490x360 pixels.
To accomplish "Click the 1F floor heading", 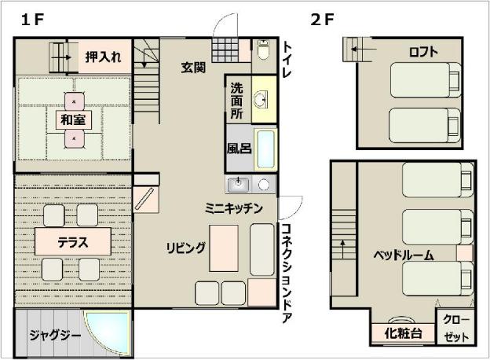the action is pyautogui.click(x=32, y=20).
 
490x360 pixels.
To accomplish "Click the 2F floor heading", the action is pyautogui.click(x=322, y=20).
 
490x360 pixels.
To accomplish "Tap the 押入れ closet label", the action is pyautogui.click(x=103, y=57).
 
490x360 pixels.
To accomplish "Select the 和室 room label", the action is pyautogui.click(x=74, y=119).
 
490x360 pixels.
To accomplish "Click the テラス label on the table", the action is pyautogui.click(x=73, y=242).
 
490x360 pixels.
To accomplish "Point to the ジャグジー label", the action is pyautogui.click(x=55, y=336).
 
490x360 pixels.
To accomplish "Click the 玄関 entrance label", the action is pyautogui.click(x=193, y=68).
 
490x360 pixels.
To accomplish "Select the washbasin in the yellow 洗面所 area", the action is pyautogui.click(x=260, y=100).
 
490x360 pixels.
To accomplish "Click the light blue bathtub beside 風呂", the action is pyautogui.click(x=266, y=149).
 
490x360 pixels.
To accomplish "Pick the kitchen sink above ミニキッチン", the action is pyautogui.click(x=238, y=184).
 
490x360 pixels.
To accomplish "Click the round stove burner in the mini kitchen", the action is pyautogui.click(x=264, y=185).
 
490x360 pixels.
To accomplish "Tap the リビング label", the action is pyautogui.click(x=185, y=248).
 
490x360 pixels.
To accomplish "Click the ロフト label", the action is pyautogui.click(x=423, y=52).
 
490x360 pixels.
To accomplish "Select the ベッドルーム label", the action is pyautogui.click(x=404, y=255).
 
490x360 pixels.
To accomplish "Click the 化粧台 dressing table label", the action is pyautogui.click(x=403, y=333).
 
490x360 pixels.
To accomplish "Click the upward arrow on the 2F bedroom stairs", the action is pyautogui.click(x=343, y=248).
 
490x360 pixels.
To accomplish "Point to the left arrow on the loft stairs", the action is pyautogui.click(x=364, y=49).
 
